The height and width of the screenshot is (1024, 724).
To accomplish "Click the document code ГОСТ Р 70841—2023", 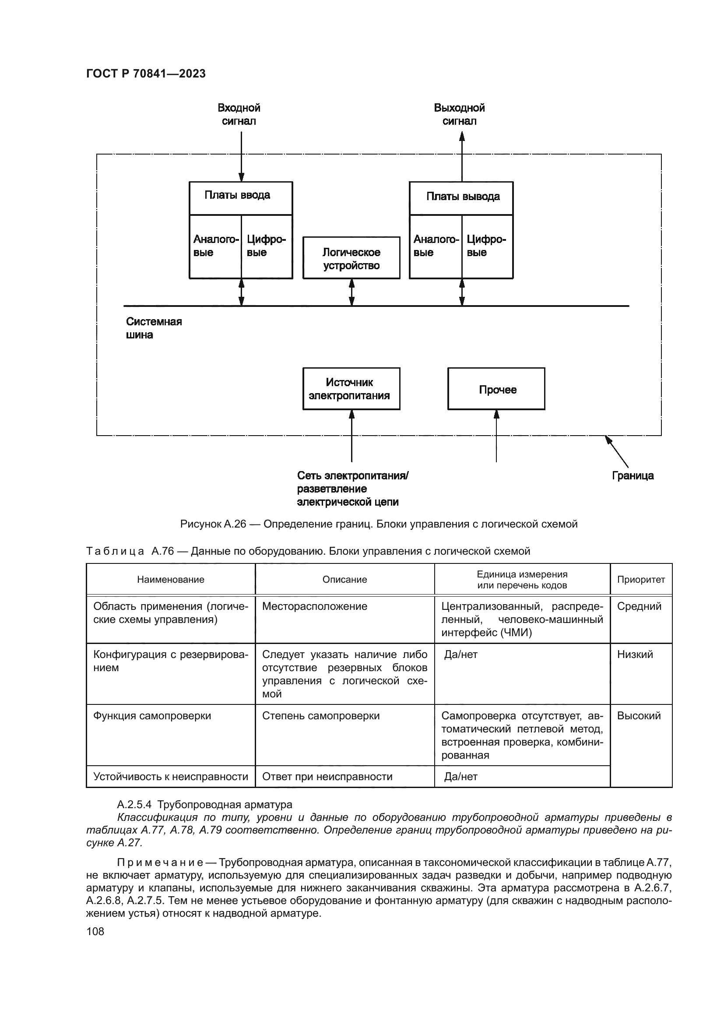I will click(x=146, y=74).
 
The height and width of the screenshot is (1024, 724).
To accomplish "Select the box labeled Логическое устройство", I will click(x=351, y=258).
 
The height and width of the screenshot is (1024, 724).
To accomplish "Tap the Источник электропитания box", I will click(x=351, y=388).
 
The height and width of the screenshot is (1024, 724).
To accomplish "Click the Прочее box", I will click(x=496, y=389).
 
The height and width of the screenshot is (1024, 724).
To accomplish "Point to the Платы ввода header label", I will click(x=237, y=195).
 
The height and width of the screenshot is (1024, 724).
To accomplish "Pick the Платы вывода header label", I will click(x=463, y=196).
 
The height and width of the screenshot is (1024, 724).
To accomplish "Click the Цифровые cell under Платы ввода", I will click(x=266, y=246).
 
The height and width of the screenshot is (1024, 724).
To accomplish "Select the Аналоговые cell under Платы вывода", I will click(x=436, y=246).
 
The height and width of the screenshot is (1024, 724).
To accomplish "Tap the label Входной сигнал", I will click(x=239, y=115).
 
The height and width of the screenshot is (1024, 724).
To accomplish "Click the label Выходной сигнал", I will click(x=459, y=115).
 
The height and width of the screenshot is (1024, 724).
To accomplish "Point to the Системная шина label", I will click(x=153, y=328).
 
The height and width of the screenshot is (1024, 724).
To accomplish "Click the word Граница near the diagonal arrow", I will click(x=633, y=475).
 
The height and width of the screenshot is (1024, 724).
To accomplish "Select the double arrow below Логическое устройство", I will click(x=351, y=292).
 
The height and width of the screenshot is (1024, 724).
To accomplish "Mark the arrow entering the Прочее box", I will click(x=496, y=435).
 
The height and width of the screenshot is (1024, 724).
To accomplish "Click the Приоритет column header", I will click(x=641, y=579).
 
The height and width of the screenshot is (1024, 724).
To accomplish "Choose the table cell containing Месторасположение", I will click(x=315, y=606).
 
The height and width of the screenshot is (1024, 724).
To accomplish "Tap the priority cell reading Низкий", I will click(x=635, y=654).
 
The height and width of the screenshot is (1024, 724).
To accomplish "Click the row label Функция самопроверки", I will click(x=152, y=716).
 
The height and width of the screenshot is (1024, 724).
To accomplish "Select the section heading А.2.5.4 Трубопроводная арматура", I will click(x=204, y=805).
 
